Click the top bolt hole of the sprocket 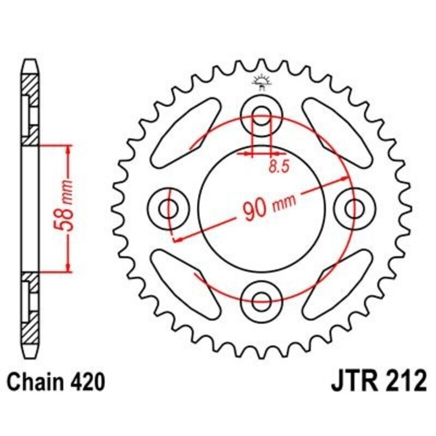[x=263, y=115]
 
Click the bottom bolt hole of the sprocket [x=263, y=298]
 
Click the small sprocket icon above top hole [x=263, y=82]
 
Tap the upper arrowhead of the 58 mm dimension [x=68, y=149]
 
